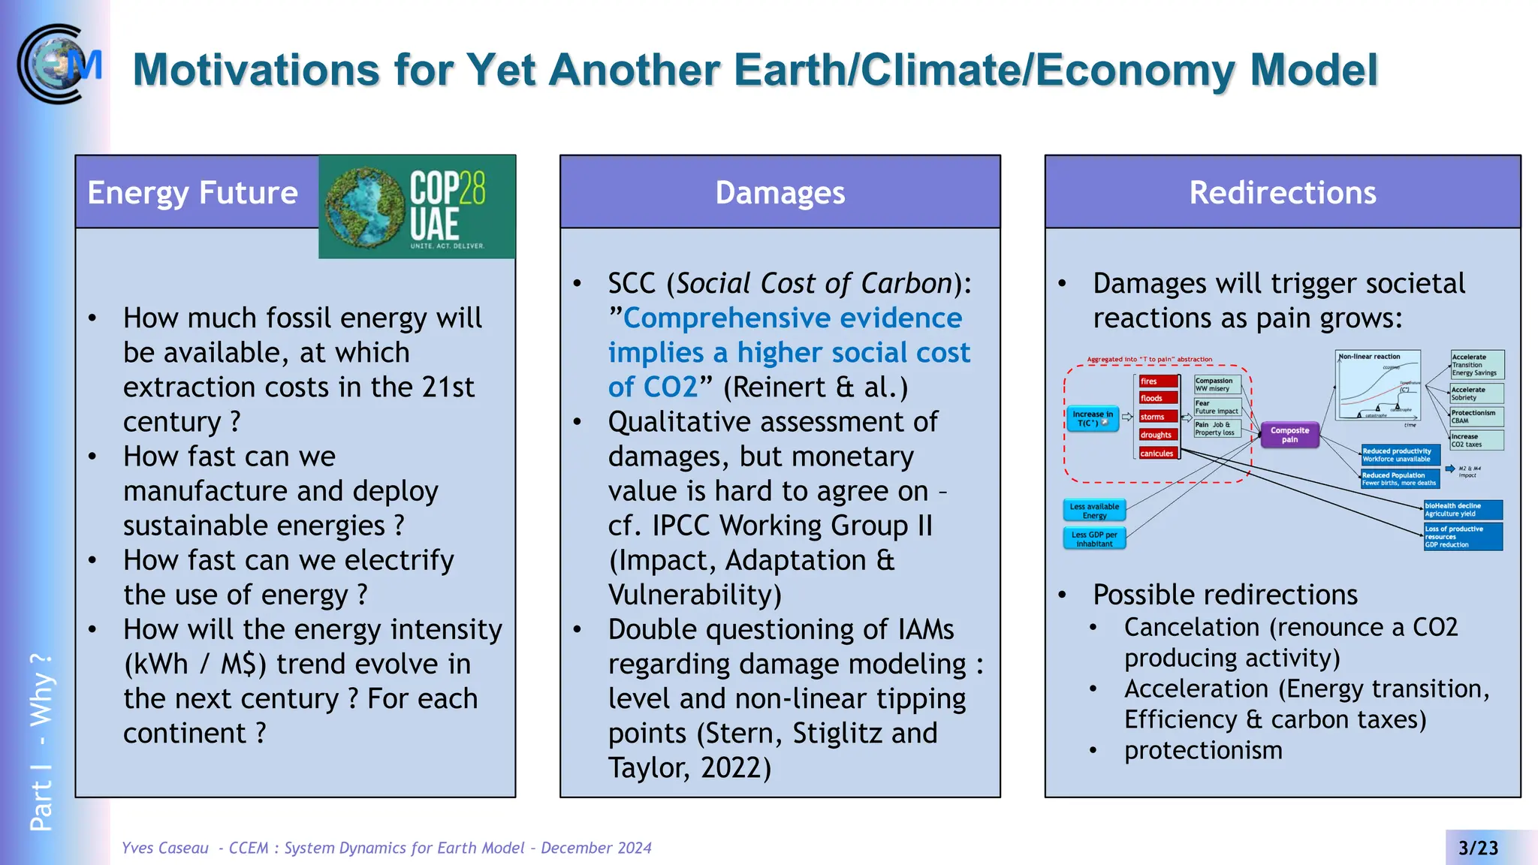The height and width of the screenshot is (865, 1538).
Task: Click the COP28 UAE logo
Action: pyautogui.click(x=417, y=207)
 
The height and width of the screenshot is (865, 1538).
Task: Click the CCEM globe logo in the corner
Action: pyautogui.click(x=59, y=65)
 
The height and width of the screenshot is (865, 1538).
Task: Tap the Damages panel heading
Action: pyautogui.click(x=780, y=193)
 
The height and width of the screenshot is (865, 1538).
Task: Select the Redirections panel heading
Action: pyautogui.click(x=1282, y=193)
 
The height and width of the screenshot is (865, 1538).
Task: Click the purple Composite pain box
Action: pyautogui.click(x=1289, y=435)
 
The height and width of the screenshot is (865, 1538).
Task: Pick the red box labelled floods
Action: pyautogui.click(x=1157, y=399)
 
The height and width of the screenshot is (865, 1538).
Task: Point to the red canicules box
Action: pyautogui.click(x=1157, y=454)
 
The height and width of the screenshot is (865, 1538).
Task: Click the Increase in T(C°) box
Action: pyautogui.click(x=1093, y=418)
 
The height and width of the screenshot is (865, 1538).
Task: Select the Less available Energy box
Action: pyautogui.click(x=1094, y=511)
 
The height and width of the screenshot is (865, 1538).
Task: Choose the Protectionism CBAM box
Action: pyautogui.click(x=1476, y=417)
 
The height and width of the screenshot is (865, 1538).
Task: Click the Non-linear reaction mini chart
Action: pyautogui.click(x=1378, y=388)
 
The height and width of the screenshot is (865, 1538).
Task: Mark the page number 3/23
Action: pyautogui.click(x=1478, y=848)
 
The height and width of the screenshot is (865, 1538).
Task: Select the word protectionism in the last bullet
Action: pyautogui.click(x=1203, y=750)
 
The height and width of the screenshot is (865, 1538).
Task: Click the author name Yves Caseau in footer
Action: pyautogui.click(x=165, y=848)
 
